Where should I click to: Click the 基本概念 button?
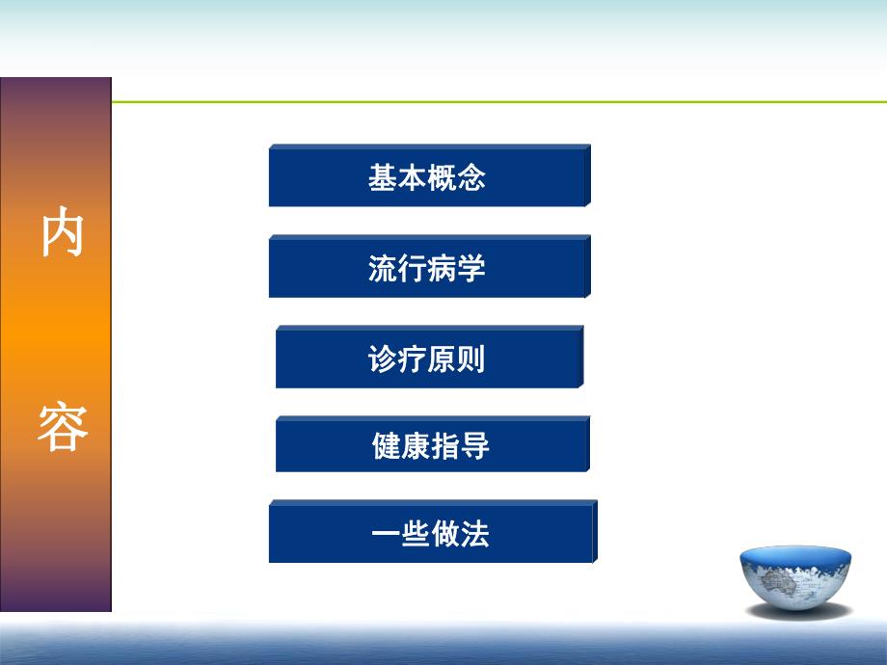(x=428, y=177)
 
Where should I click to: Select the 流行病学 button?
(x=428, y=268)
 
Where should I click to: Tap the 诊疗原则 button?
(x=428, y=359)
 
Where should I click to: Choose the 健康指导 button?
(x=431, y=446)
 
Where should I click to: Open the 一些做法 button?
(x=431, y=533)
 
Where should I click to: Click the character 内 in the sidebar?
(x=62, y=234)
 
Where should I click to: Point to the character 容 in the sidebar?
(x=62, y=427)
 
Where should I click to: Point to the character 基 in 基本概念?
(x=383, y=178)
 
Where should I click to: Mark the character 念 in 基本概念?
(x=471, y=178)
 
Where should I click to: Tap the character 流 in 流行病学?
(x=383, y=269)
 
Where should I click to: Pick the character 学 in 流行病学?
(x=471, y=269)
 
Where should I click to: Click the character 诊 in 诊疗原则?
(x=383, y=360)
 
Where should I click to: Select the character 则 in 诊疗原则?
(x=471, y=360)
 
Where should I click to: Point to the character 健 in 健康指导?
(x=387, y=447)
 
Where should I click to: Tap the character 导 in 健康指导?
(x=475, y=447)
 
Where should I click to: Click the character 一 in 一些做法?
(x=387, y=534)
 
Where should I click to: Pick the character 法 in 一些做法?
(x=475, y=534)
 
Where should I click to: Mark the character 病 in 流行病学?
(x=442, y=269)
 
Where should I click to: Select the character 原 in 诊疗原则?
(x=442, y=360)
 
